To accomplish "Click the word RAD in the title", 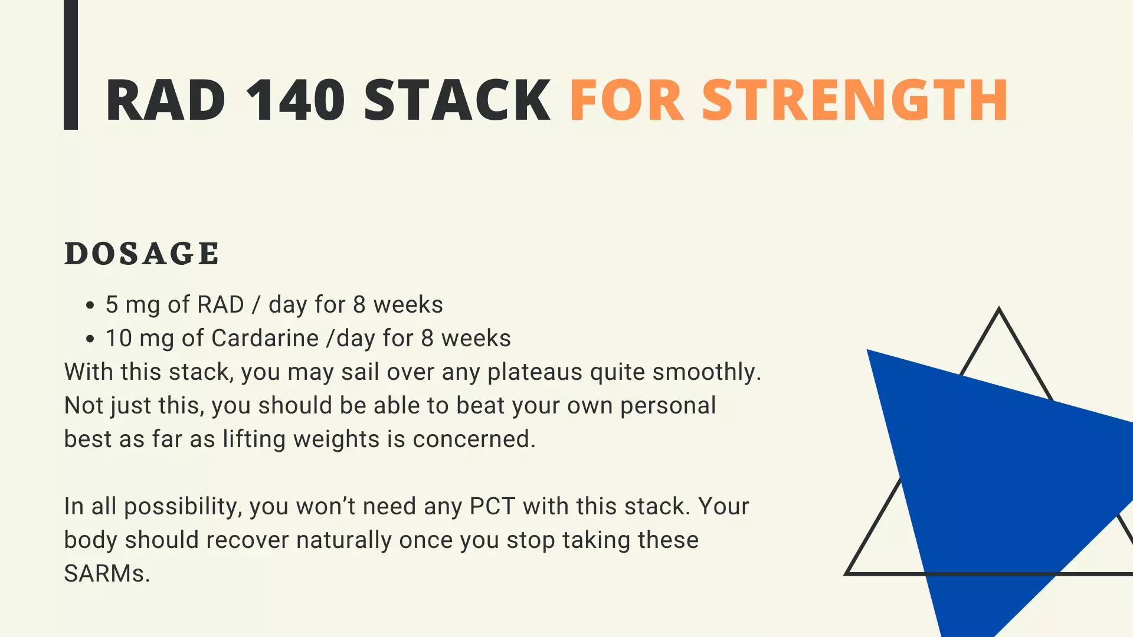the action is [166, 100].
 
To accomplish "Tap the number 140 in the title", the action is [295, 100].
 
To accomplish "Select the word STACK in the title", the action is [457, 100].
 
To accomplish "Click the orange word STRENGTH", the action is [855, 100].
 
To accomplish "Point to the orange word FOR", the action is [627, 100].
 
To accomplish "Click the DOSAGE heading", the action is [142, 254].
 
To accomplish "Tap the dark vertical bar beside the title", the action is [71, 64].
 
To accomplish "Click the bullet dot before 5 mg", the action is [90, 306].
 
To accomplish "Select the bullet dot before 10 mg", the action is [90, 339].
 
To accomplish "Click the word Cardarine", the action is [265, 339].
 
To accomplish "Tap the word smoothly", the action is [707, 373].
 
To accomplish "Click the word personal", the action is [668, 406].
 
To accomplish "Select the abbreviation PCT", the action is [492, 507].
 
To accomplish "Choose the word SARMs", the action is [107, 574].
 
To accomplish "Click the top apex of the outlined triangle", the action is [998, 307].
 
